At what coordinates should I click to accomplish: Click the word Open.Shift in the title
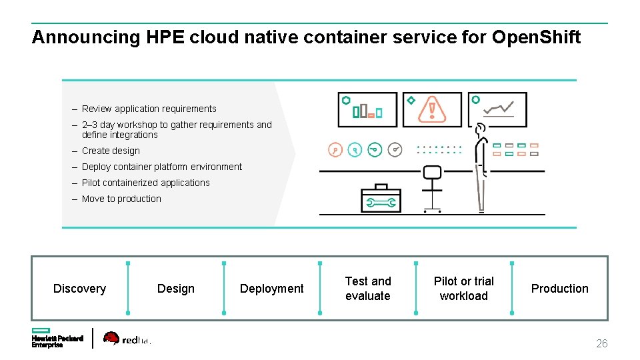click(536, 37)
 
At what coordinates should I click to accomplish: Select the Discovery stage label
click(79, 289)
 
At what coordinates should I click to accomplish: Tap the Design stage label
click(176, 289)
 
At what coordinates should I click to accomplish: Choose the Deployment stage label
click(271, 289)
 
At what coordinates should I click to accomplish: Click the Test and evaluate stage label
click(368, 289)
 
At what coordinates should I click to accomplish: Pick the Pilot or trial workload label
click(464, 289)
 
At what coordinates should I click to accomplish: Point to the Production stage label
click(559, 289)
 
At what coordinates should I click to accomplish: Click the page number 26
click(601, 344)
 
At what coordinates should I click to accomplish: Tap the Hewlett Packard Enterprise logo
click(57, 338)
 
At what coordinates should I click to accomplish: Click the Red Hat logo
click(127, 339)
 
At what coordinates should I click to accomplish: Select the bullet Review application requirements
click(149, 109)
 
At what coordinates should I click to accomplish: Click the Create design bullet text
click(111, 151)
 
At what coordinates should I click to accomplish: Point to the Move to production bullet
click(121, 199)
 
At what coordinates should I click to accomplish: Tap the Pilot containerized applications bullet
click(145, 183)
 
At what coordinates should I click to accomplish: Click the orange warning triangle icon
click(432, 109)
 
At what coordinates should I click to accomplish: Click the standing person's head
click(481, 128)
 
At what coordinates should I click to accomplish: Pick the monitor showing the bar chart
click(367, 110)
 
